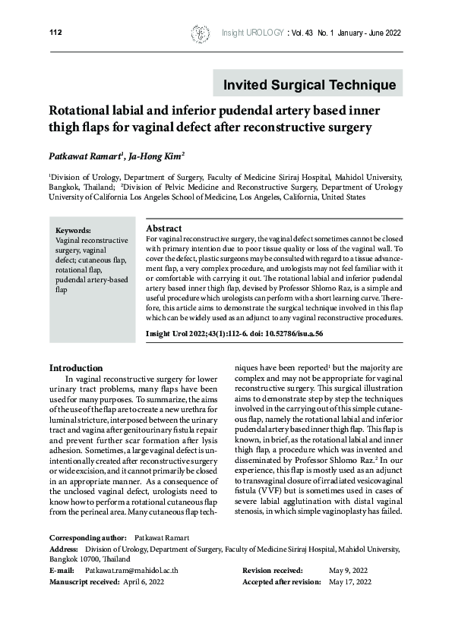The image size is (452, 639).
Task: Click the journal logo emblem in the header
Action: (200, 33)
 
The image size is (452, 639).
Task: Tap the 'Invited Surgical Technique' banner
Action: (304, 84)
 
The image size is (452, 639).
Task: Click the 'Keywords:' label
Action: (74, 229)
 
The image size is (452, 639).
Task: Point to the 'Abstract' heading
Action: (163, 228)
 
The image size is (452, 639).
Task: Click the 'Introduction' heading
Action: (75, 368)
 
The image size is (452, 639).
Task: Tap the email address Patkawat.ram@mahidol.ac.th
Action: (131, 569)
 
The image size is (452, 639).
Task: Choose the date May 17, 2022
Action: (351, 581)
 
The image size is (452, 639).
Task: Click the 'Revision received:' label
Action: (273, 569)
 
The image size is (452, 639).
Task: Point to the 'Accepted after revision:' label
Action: (281, 581)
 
